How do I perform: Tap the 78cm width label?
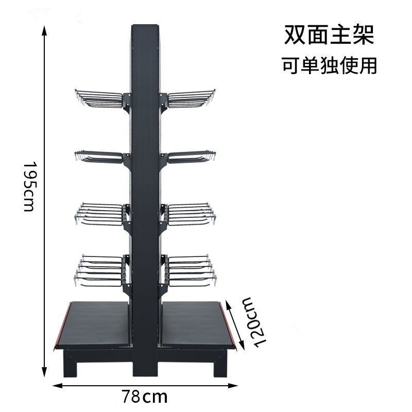(x=145, y=397)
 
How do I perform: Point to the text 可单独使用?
(x=329, y=66)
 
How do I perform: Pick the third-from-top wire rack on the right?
(x=190, y=214)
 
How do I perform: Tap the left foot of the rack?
(x=71, y=367)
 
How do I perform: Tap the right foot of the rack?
(x=220, y=367)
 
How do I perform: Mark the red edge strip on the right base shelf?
(x=230, y=324)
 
